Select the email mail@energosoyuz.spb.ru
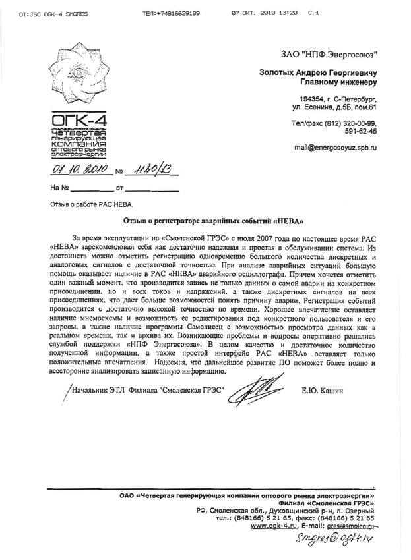336,148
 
